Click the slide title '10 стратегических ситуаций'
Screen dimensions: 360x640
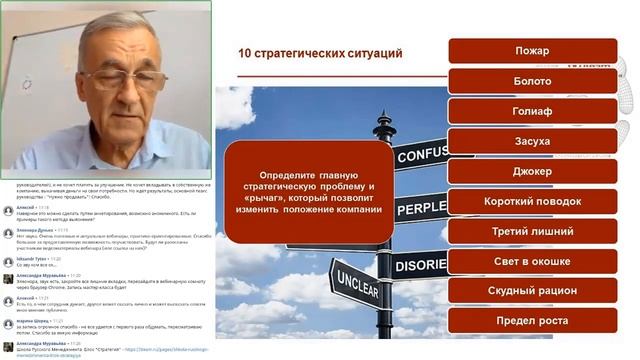pyautogui.click(x=320, y=52)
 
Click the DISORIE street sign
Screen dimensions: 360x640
pyautogui.click(x=420, y=265)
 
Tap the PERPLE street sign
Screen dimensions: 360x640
pyautogui.click(x=420, y=208)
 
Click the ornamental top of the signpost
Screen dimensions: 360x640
pyautogui.click(x=385, y=126)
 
